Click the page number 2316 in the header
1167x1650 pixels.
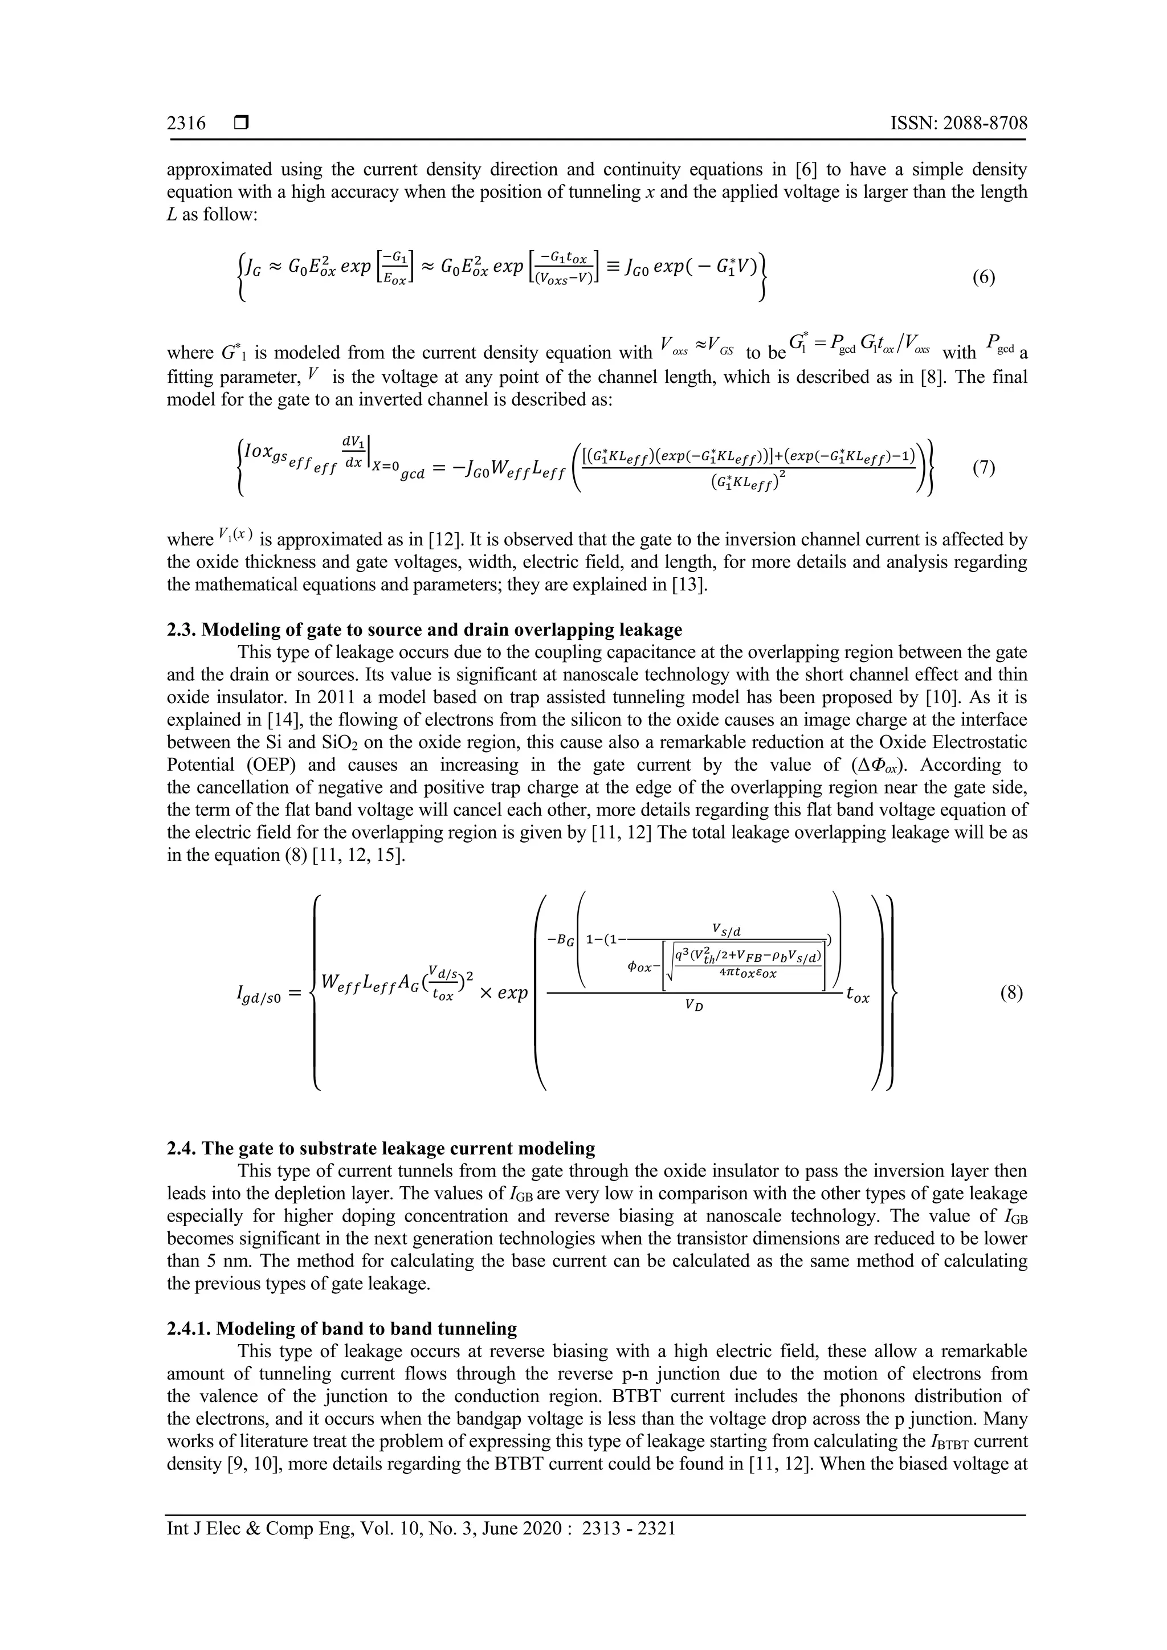186,124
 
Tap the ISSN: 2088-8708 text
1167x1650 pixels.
958,124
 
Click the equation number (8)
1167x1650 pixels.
1011,993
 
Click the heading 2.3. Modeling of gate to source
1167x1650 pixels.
424,630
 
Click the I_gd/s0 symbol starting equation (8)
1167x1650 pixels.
254,995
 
